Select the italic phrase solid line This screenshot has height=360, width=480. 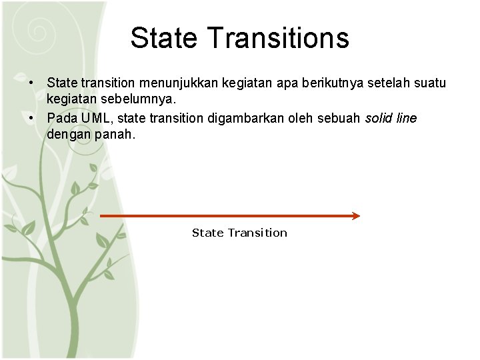point(391,118)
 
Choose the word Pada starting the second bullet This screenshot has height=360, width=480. point(62,118)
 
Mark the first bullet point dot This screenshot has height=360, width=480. point(31,83)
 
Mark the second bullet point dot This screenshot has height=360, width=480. point(31,118)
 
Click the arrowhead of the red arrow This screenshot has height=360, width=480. point(356,216)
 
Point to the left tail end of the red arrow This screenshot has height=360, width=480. point(102,216)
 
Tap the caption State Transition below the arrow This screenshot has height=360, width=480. point(239,233)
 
